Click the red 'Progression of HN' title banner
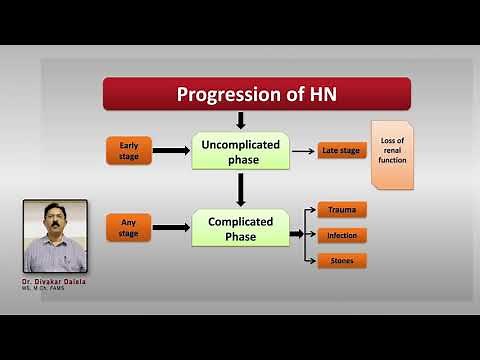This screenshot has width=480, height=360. pos(256,94)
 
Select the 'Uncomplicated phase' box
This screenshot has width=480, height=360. pos(240,151)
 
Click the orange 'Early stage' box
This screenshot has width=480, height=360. pos(129,151)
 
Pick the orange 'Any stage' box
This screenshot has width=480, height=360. pos(129,229)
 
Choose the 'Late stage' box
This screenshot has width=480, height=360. pos(340,151)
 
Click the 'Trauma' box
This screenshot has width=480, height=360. pos(342,210)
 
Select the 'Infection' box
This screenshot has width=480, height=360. pos(342,236)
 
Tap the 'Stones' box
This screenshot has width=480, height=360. pos(342,261)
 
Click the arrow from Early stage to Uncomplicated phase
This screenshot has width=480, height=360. pos(171,151)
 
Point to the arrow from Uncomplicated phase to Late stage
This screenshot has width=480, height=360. pos(303,151)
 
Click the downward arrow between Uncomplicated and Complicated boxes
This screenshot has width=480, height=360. pos(240,190)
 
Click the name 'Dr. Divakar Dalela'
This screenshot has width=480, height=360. pos(54,282)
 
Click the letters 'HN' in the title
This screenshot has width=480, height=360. pos(320,94)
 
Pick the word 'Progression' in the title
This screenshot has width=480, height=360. pos(225,95)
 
